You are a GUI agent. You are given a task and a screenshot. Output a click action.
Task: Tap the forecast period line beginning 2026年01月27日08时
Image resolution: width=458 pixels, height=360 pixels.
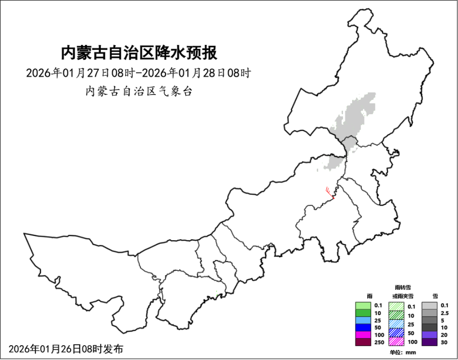pyautogui.click(x=138, y=74)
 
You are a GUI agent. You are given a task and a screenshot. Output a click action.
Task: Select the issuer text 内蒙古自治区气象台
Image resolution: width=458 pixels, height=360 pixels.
pyautogui.click(x=138, y=92)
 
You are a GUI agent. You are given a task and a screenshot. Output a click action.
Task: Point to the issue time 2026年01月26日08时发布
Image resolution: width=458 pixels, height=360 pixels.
pyautogui.click(x=66, y=349)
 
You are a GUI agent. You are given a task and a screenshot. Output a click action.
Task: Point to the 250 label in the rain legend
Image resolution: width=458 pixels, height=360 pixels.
pyautogui.click(x=379, y=342)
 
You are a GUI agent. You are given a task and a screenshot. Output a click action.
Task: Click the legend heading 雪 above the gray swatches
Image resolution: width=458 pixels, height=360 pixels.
pyautogui.click(x=434, y=296)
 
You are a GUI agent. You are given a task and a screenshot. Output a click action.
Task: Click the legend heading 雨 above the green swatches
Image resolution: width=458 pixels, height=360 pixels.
pyautogui.click(x=369, y=296)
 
